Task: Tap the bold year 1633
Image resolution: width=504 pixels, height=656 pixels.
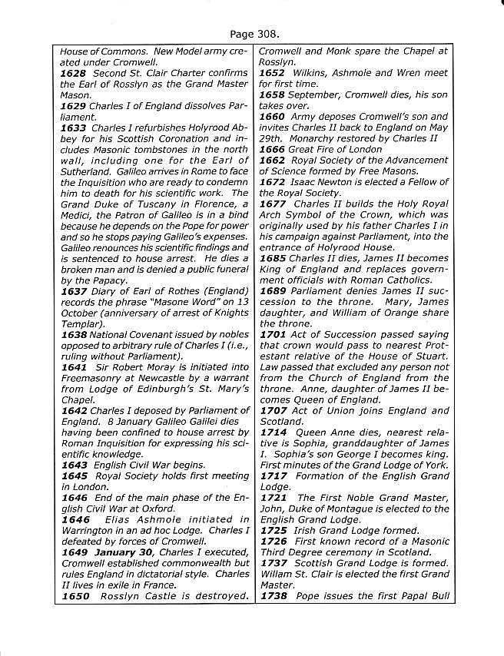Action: click(73, 127)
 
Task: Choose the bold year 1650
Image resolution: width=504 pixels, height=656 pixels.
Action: click(73, 596)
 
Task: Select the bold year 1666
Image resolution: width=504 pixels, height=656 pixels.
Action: click(272, 149)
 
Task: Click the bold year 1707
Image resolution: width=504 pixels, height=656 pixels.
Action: click(272, 410)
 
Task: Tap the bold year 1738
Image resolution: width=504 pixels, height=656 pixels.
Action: click(272, 596)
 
